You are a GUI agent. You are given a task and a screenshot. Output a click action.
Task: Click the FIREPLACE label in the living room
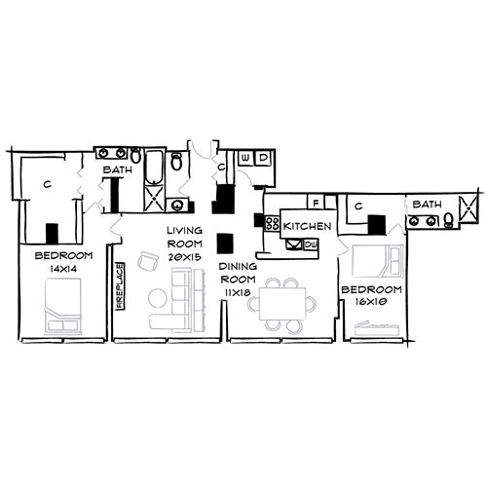[x=122, y=284]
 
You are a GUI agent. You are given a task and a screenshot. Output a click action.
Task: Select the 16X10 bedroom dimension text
[x=372, y=302]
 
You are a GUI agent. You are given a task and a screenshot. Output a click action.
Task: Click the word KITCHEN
[x=308, y=226]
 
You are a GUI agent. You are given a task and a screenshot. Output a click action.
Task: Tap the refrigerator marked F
[x=315, y=203]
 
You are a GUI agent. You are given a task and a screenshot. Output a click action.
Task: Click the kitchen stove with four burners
[x=274, y=226]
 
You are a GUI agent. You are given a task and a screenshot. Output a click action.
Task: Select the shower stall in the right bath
[x=469, y=208]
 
